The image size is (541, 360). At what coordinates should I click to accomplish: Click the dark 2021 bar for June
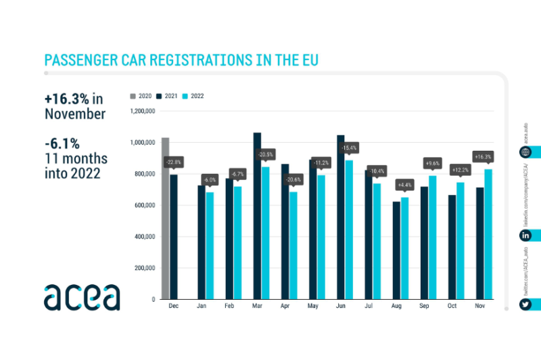coord(340,217)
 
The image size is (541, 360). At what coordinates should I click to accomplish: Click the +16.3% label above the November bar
coord(483,156)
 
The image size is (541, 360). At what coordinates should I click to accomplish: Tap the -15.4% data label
coord(349,148)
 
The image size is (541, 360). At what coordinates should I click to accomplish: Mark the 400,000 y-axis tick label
coord(145,237)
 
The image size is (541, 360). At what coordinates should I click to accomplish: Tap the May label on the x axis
coord(312,307)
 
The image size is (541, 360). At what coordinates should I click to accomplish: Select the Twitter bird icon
coord(525,305)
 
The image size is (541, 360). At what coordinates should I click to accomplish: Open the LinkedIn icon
coord(525,235)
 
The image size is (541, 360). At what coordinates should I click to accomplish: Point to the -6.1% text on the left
coord(62,143)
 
